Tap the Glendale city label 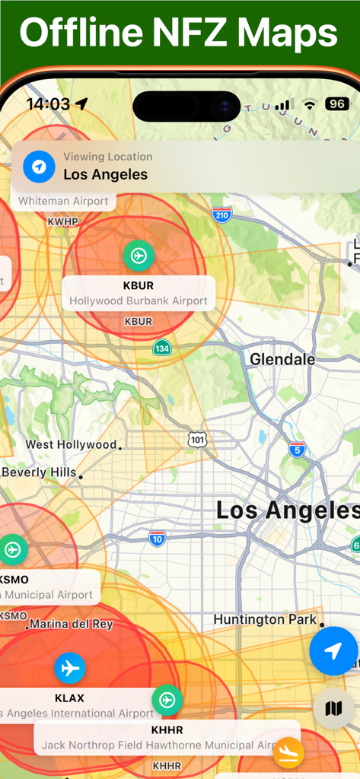pos(282,359)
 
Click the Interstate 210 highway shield pos(221,215)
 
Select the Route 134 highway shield pos(161,348)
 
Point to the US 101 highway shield pos(197,440)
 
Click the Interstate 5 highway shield pos(297,450)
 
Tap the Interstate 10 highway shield pos(158,539)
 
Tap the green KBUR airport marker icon pos(139,256)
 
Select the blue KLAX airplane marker pos(70,669)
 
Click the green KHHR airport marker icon pos(167,700)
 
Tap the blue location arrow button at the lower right pos(333,651)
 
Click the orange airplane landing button pos(288,752)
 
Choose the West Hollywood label pos(71,444)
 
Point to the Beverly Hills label pos(40,472)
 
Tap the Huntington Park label pos(265,619)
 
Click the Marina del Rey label pos(71,625)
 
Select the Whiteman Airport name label pos(64,202)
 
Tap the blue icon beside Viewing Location pos(39,167)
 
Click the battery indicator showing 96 pos(336,104)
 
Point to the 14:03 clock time pos(48,104)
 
